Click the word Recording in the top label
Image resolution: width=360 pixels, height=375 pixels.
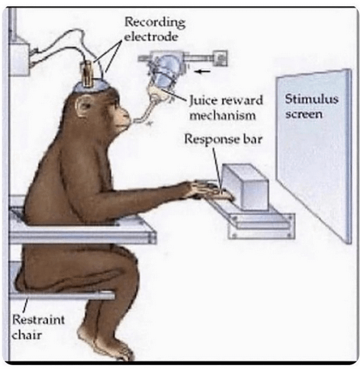(155, 23)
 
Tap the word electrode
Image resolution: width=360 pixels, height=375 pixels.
(151, 37)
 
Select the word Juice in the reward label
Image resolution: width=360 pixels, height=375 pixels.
(201, 101)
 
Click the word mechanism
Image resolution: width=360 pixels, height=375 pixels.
(223, 116)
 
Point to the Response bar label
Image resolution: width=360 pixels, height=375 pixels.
(223, 139)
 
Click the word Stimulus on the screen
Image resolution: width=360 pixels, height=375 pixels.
(311, 98)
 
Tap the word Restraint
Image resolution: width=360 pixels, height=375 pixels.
(38, 319)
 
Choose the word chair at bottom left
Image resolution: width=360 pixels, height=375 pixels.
(27, 335)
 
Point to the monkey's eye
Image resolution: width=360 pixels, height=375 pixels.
(115, 103)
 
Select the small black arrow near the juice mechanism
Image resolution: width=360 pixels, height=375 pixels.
(202, 72)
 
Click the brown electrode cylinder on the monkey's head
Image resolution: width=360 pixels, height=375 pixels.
(88, 73)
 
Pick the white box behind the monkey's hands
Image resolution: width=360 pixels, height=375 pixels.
(245, 187)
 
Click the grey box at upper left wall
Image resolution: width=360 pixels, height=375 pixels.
(19, 59)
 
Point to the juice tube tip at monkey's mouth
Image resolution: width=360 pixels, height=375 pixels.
(134, 120)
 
